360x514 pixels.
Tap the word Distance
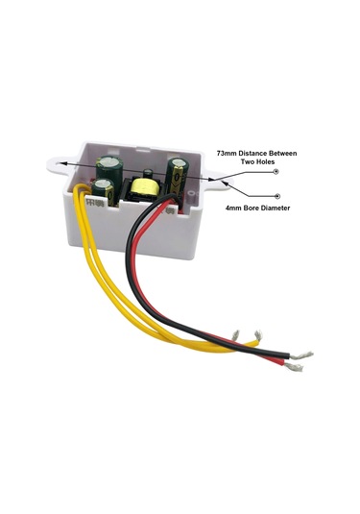tap(260, 154)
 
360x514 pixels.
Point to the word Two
tap(249, 163)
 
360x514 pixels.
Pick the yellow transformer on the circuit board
tap(146, 188)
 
